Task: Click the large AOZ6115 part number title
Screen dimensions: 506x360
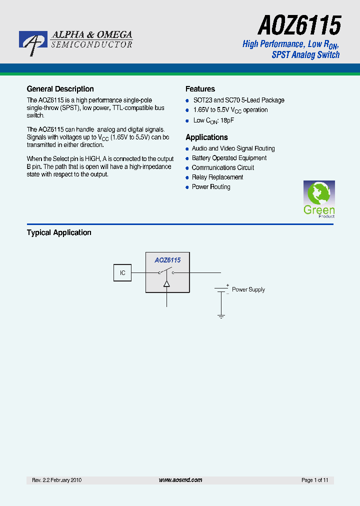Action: pos(299,24)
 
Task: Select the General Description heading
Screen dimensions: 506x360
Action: pos(60,89)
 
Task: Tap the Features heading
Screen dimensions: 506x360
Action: pos(200,89)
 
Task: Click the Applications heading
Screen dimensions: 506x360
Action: pos(206,137)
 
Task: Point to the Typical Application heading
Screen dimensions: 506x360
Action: pos(59,232)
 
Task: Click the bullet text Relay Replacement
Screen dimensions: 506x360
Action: pos(217,177)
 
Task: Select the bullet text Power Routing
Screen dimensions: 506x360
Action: pos(211,186)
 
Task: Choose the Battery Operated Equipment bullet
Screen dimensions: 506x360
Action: pos(229,158)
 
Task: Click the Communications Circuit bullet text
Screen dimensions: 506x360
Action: pos(223,167)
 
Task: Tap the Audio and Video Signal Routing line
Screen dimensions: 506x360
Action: pos(233,148)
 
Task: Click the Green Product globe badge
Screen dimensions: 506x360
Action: pos(319,198)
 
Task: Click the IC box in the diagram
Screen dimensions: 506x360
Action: pos(122,273)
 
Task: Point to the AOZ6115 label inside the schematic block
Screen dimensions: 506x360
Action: pos(167,260)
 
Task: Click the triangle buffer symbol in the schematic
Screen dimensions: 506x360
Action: pos(167,283)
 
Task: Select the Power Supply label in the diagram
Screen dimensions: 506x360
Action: pos(248,289)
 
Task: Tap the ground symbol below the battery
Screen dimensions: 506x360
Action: pos(221,316)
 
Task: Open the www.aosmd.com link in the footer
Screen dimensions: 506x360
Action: pos(180,480)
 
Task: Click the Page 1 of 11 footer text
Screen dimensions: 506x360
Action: pos(314,480)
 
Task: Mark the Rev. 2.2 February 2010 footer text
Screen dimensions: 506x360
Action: pos(56,480)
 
